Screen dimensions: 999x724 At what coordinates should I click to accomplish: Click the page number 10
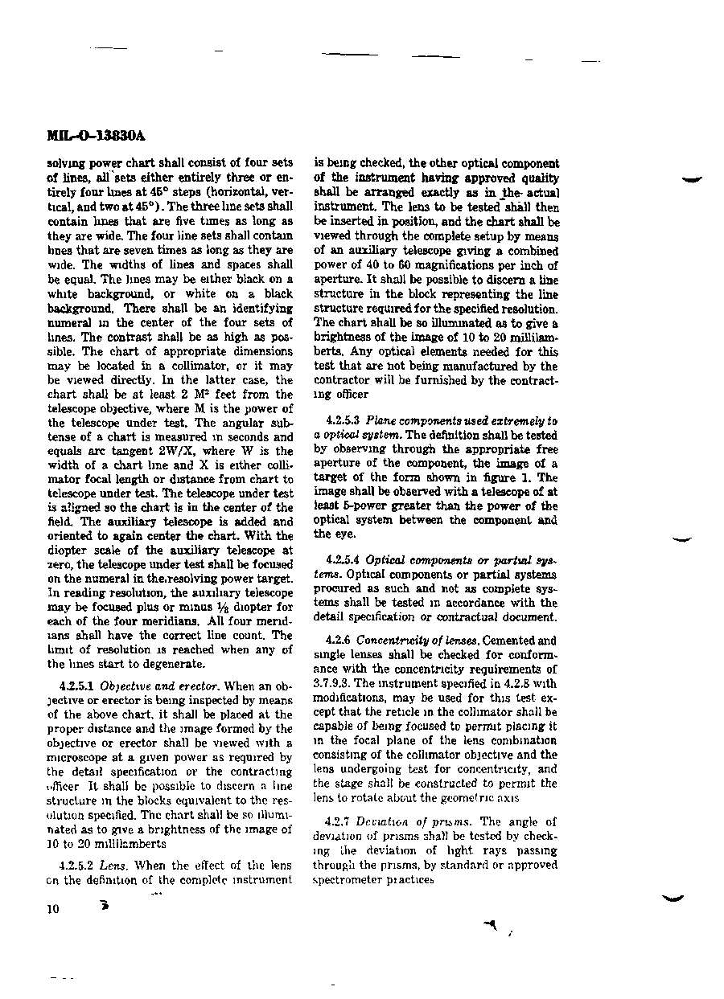tap(53, 909)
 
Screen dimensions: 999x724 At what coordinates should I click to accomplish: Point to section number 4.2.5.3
tap(343, 421)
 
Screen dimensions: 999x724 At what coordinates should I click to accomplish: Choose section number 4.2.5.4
tap(343, 560)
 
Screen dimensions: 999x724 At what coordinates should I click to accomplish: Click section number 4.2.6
tap(338, 641)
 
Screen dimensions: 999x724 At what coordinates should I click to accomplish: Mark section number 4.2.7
tap(338, 822)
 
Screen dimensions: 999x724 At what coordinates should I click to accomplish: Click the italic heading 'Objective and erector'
tap(149, 686)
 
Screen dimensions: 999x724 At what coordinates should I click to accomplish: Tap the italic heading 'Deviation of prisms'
tap(415, 822)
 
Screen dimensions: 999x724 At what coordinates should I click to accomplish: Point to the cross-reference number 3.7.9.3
tap(331, 683)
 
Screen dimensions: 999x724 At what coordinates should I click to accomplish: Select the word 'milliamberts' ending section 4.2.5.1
tap(131, 844)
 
